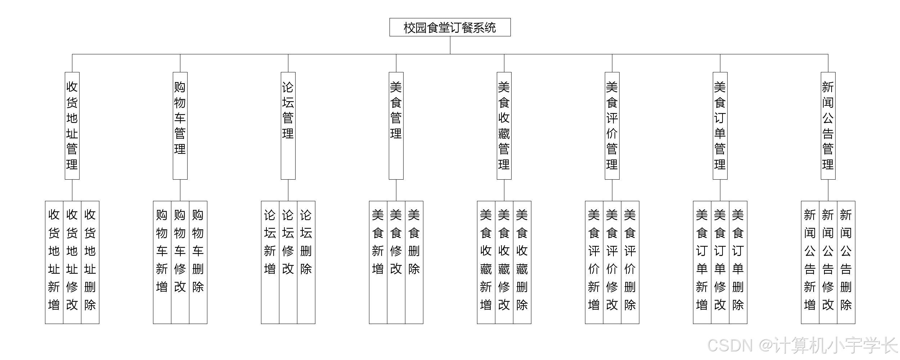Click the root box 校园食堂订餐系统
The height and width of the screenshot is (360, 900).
(x=450, y=27)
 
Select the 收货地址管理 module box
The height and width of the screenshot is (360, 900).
(x=72, y=126)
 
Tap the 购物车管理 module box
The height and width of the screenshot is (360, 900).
(x=180, y=126)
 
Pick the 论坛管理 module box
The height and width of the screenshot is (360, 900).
(x=288, y=126)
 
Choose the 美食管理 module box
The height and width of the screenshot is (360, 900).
(x=396, y=126)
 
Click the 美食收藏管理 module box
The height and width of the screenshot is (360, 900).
(x=504, y=126)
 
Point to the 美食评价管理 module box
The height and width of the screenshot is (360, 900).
(x=612, y=126)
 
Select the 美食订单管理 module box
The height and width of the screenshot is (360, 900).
(x=720, y=126)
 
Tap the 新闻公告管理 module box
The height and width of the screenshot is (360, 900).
(x=828, y=126)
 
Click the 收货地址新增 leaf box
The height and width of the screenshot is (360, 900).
(x=54, y=262)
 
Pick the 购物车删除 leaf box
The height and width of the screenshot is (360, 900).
(x=198, y=262)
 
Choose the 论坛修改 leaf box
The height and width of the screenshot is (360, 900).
(x=288, y=262)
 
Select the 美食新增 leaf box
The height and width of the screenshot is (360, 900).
(x=378, y=262)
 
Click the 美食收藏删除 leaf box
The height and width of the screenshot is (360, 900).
(x=522, y=262)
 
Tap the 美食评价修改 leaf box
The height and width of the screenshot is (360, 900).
(x=612, y=262)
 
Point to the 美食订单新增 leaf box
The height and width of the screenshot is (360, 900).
(x=702, y=262)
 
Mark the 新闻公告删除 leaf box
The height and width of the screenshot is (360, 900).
(x=846, y=262)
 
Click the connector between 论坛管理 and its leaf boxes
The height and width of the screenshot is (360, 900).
(x=288, y=190)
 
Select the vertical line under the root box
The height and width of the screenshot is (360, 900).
(x=450, y=45)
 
